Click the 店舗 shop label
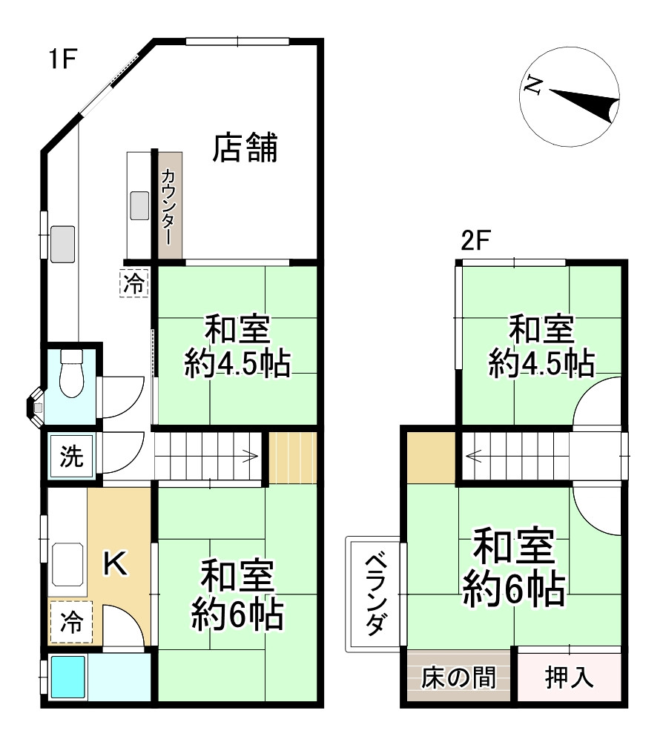(245, 148)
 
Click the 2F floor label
(476, 242)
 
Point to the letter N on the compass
(532, 86)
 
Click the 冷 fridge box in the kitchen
(72, 621)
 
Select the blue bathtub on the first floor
(69, 676)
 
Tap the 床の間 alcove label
(458, 677)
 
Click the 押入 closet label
(569, 677)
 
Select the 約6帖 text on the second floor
(514, 589)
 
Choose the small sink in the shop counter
(139, 205)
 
